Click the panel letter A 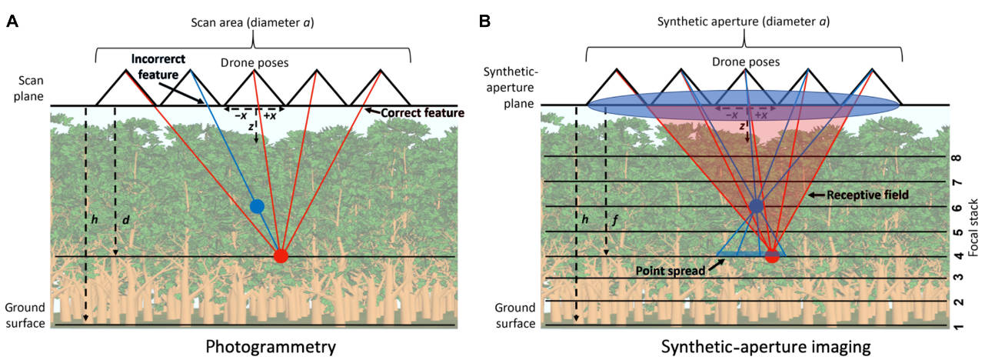(12, 21)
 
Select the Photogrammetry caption (271, 347)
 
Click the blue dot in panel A (257, 205)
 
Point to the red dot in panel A (281, 255)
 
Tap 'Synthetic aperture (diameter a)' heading (744, 22)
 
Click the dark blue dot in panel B (757, 205)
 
